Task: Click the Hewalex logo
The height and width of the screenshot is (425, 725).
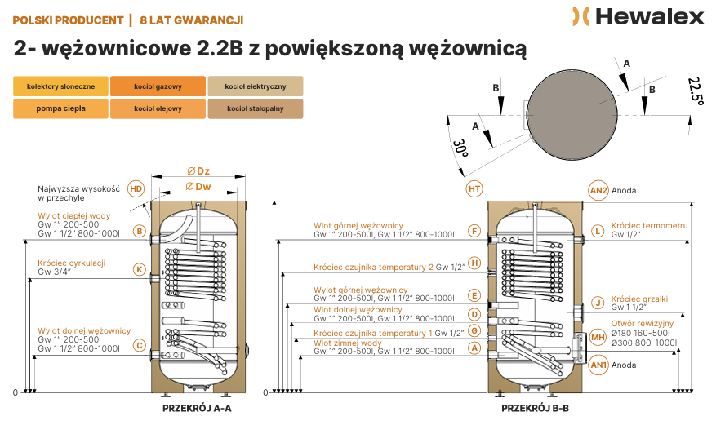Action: pos(638,16)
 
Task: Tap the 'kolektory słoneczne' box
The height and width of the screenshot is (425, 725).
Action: pos(60,86)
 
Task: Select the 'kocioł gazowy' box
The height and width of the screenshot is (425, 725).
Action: pos(158,86)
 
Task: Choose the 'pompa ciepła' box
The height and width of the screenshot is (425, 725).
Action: pos(60,108)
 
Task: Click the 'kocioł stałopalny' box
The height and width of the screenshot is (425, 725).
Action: pos(256,108)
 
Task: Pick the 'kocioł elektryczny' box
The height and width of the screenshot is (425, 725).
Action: pos(256,86)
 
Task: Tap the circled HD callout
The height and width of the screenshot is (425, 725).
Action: pos(136,188)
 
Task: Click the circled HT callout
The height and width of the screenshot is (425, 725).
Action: pos(474,188)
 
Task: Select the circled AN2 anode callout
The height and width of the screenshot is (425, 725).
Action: pos(598,190)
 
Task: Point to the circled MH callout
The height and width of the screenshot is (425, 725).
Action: pos(598,337)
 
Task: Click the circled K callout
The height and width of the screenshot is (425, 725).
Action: pos(139,270)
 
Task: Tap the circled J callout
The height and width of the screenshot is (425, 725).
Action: pos(598,303)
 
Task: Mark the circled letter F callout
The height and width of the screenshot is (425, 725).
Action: pos(474,231)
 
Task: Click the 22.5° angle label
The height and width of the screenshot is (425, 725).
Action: pos(696,91)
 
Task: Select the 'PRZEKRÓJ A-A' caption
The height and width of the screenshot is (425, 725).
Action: pos(197,409)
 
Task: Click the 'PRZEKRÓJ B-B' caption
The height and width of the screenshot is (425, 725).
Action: pos(535,409)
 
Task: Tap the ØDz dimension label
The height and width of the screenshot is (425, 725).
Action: pos(198,171)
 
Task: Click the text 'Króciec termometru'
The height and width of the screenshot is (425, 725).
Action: pos(649,225)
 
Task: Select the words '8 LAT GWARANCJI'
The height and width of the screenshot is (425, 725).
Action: pos(191,20)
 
